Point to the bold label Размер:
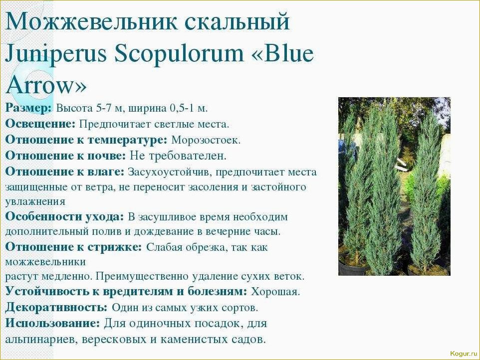point(29,108)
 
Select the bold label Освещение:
point(40,124)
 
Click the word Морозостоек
point(206,140)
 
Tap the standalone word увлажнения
point(35,202)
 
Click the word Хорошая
point(275,292)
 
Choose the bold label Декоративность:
point(56,307)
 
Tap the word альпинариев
point(41,340)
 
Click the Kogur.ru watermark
point(464,354)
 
